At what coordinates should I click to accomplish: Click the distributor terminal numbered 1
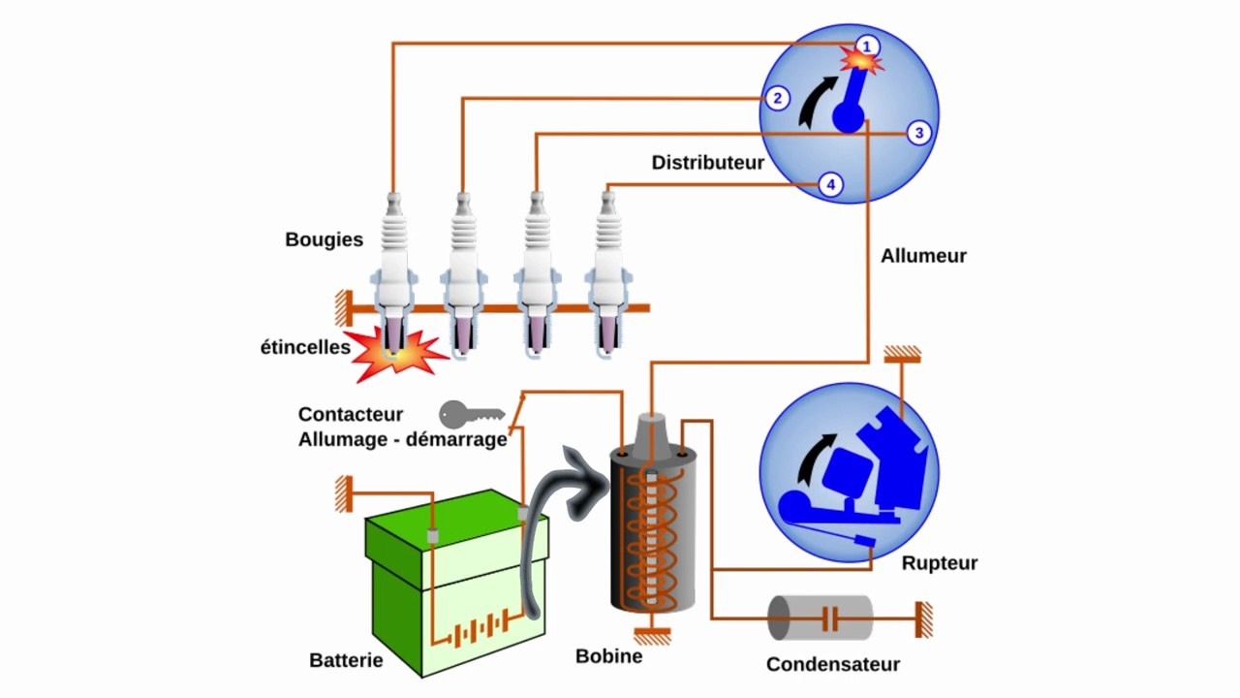[867, 46]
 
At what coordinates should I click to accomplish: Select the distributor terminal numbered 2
[776, 98]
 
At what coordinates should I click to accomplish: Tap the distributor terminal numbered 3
[919, 134]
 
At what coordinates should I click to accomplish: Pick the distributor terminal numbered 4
[830, 185]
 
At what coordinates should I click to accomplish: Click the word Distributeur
[707, 163]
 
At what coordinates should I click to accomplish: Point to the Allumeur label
[923, 257]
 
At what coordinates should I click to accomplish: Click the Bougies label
[324, 239]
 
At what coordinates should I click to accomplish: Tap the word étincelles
[304, 347]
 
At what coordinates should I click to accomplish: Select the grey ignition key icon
[471, 415]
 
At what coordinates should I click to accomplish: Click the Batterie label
[346, 661]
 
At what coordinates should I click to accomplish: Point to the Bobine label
[608, 656]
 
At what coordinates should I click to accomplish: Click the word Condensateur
[832, 665]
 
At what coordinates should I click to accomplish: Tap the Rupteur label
[939, 563]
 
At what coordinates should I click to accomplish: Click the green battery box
[454, 583]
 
